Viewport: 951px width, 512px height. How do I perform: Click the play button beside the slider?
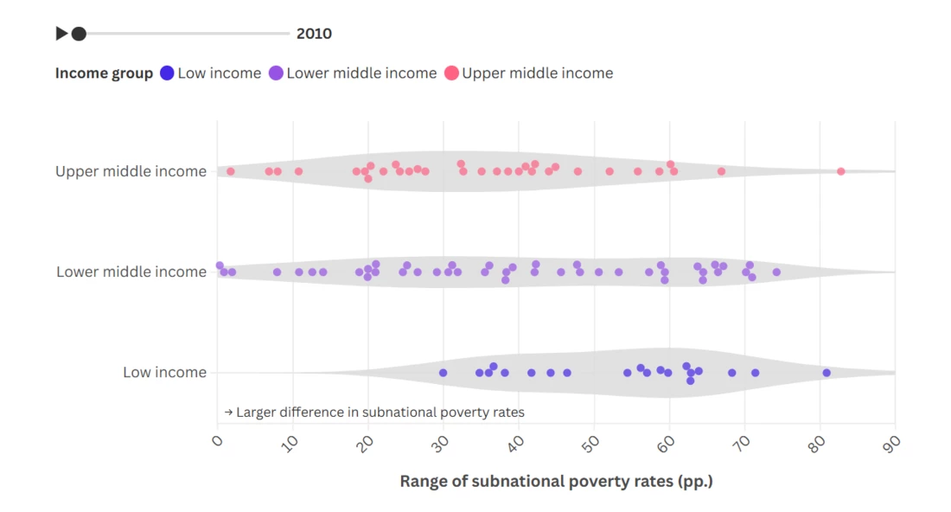61,34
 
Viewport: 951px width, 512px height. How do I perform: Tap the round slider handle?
79,34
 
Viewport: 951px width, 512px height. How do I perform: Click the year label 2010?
314,34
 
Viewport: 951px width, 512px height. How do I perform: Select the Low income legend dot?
167,74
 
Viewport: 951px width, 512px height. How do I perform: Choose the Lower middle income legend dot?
276,74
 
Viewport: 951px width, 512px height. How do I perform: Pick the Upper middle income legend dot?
451,74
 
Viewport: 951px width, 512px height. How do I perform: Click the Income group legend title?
104,74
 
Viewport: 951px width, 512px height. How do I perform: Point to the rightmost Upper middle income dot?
840,171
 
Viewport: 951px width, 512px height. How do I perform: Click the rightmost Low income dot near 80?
827,373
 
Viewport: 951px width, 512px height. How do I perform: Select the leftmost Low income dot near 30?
444,373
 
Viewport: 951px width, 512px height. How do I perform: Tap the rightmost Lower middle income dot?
776,272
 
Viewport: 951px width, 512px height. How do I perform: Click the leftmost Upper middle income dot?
231,171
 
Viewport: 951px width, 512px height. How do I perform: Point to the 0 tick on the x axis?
218,442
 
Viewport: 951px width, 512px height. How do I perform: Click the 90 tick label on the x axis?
893,443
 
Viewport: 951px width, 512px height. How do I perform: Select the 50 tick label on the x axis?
592,443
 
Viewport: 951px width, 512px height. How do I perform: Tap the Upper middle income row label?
131,171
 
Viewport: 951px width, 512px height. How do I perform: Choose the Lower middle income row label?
131,272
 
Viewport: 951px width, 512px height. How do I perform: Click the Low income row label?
164,373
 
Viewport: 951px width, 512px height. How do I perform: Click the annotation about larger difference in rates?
374,413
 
